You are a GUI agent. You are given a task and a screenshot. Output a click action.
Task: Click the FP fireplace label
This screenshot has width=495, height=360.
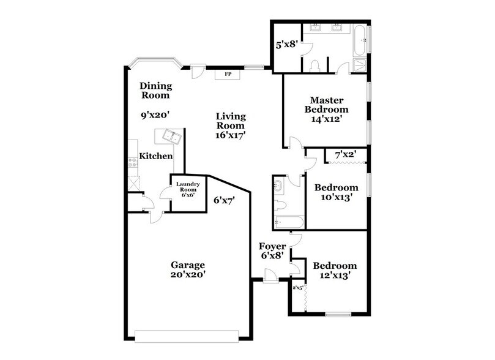(x=228, y=74)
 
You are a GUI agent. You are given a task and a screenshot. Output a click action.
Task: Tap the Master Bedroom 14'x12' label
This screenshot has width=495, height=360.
(x=327, y=110)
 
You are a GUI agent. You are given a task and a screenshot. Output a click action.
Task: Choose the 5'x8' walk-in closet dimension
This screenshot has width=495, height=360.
(x=285, y=44)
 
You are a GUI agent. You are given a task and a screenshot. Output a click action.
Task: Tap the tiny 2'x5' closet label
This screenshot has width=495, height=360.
(x=297, y=288)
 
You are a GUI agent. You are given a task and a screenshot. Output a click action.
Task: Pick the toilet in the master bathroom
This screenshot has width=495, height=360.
(x=316, y=65)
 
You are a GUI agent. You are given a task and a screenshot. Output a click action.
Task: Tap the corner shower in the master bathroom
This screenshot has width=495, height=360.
(x=359, y=66)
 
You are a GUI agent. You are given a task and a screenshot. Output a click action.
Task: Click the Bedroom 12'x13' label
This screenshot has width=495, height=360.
(x=334, y=271)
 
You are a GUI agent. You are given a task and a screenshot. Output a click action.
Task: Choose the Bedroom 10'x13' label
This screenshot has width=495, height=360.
(x=336, y=192)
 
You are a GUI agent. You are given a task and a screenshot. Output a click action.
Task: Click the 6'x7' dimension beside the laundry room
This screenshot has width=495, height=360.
(x=224, y=200)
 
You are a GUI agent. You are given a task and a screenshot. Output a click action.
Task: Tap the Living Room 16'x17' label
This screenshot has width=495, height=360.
(x=230, y=125)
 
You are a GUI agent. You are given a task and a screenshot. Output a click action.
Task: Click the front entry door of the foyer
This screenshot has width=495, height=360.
(x=270, y=280)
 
